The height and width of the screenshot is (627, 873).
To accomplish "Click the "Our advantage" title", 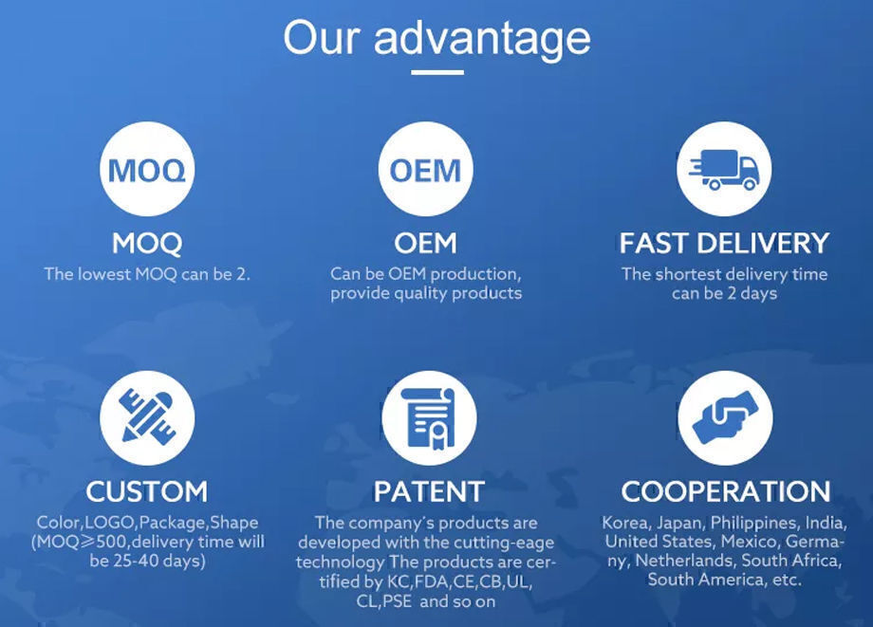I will [436, 38].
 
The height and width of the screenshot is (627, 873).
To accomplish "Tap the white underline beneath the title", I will [437, 72].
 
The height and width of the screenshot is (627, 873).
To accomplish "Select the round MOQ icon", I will [147, 170].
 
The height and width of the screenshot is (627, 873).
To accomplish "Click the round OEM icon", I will [425, 170].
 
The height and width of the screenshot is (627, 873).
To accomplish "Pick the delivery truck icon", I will [724, 170].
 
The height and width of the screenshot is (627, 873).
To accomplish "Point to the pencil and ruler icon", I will [147, 418].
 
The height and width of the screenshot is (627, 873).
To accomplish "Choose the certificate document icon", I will [429, 418].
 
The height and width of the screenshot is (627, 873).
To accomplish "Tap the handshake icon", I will [726, 418].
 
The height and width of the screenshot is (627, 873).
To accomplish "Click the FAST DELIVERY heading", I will [724, 244].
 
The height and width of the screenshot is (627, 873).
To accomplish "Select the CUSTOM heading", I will [147, 491].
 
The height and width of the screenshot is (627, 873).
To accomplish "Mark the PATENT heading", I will [429, 491].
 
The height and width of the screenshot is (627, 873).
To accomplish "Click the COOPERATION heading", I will [726, 491].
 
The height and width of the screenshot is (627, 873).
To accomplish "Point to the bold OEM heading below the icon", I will [425, 244].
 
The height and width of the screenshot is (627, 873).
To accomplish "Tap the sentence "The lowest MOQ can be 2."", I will [147, 274].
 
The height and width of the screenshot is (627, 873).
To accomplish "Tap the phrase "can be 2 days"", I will [724, 293].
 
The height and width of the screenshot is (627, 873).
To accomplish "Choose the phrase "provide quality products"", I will [425, 293].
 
